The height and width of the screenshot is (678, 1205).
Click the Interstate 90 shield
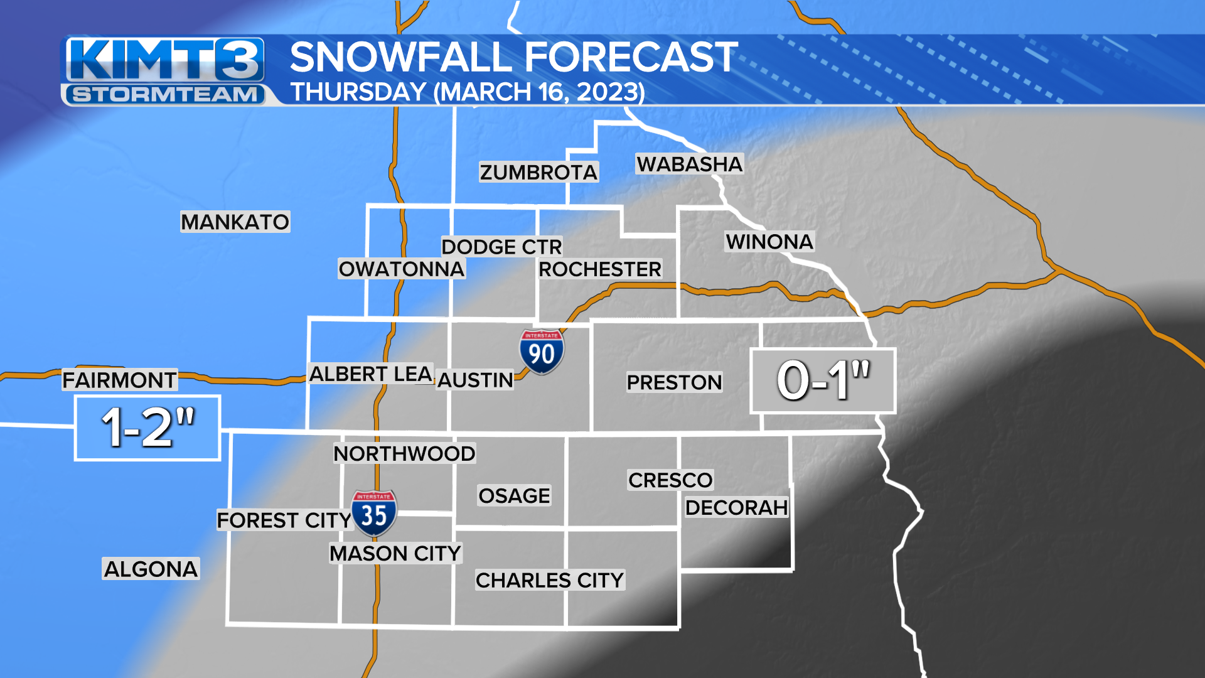click(x=541, y=352)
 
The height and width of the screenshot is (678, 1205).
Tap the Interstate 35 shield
click(x=374, y=513)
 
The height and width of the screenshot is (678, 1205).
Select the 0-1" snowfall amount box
click(x=823, y=380)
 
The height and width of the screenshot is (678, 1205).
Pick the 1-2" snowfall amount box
click(x=147, y=428)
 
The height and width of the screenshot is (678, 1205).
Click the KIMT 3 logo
click(x=164, y=61)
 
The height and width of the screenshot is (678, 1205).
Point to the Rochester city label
click(x=599, y=269)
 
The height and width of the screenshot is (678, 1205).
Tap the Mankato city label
click(x=235, y=222)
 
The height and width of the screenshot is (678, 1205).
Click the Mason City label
click(x=395, y=554)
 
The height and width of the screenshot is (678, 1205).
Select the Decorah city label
click(x=736, y=507)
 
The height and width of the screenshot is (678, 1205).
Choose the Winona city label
click(x=769, y=242)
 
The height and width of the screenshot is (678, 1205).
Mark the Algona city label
click(x=151, y=569)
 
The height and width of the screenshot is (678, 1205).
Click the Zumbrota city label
click(x=538, y=172)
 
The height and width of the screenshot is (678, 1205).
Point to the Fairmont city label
click(x=119, y=380)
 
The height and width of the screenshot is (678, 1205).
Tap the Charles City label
click(x=550, y=580)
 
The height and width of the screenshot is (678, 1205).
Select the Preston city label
click(x=674, y=382)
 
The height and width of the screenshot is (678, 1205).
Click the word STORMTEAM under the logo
click(x=165, y=95)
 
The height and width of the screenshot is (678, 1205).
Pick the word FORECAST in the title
click(x=631, y=58)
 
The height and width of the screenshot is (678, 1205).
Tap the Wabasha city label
click(x=689, y=164)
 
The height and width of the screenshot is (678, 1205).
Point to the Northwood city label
click(x=404, y=453)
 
